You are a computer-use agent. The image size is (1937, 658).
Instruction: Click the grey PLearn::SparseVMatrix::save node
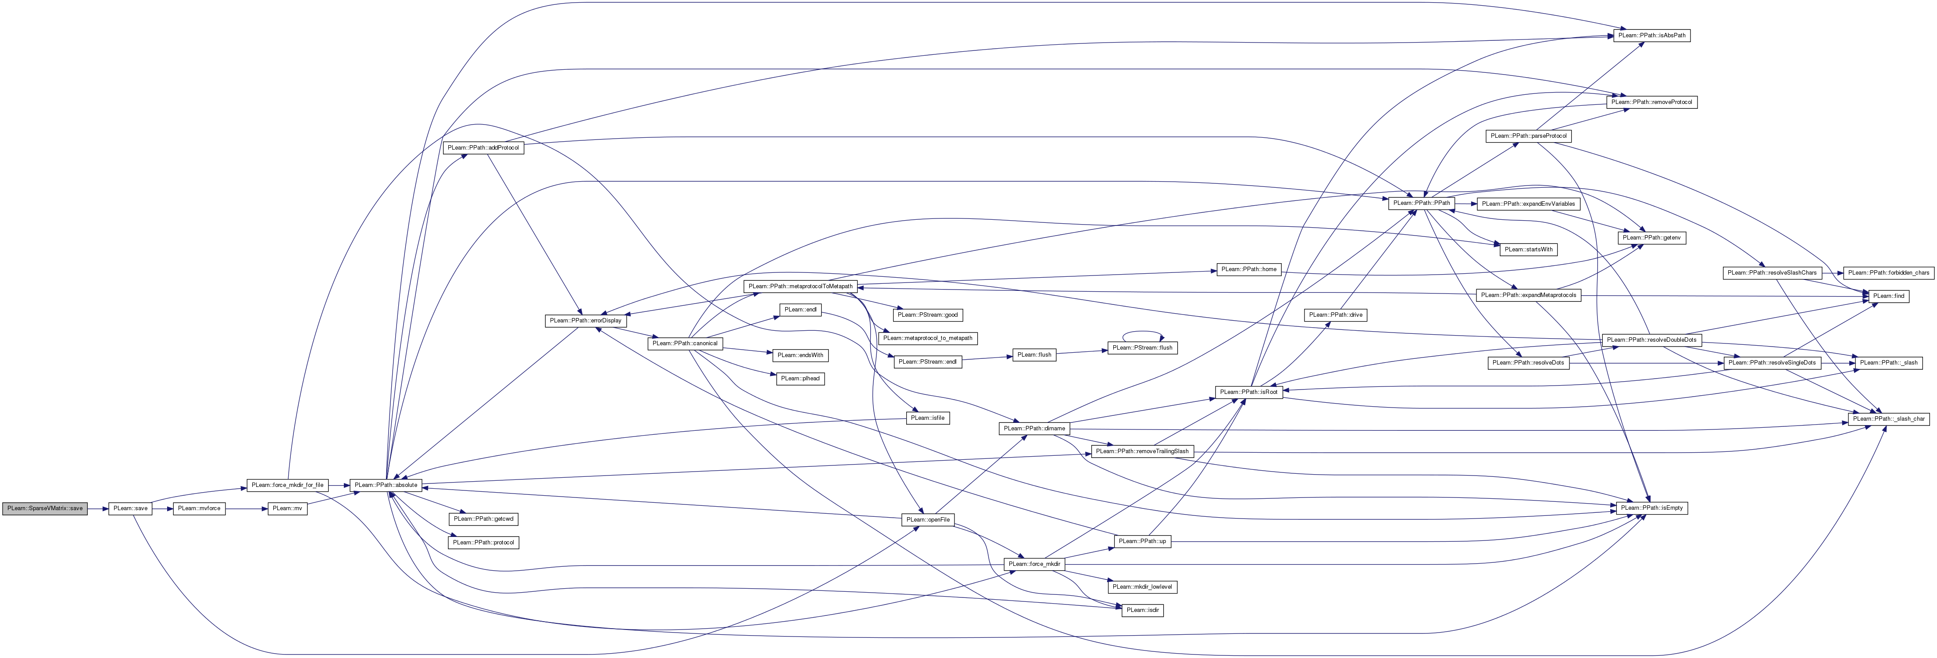(45, 508)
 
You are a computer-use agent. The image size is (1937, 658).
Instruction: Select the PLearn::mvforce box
(199, 508)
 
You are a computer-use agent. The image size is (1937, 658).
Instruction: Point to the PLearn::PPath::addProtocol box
(483, 147)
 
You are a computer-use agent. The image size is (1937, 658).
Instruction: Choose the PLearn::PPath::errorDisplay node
(586, 320)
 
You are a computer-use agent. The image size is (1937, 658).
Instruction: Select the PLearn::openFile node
(928, 520)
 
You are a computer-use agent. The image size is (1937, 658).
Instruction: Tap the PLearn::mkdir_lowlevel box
(1141, 586)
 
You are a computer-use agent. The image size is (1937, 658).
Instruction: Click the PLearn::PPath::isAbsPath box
(1651, 36)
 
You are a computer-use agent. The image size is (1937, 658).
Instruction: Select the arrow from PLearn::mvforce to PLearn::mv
(247, 508)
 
